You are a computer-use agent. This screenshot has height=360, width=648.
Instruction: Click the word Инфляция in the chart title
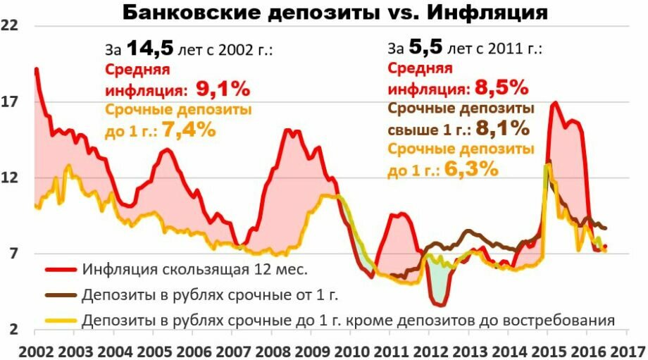tap(487, 12)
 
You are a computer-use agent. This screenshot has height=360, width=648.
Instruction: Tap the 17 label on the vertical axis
tap(11, 101)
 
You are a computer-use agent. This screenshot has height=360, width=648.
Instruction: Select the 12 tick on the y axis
tap(11, 178)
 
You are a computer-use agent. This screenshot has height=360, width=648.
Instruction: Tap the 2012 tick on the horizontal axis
tap(431, 350)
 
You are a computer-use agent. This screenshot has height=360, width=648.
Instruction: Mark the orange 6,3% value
tap(472, 169)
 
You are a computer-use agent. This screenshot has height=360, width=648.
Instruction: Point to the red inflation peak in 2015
tap(556, 104)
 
